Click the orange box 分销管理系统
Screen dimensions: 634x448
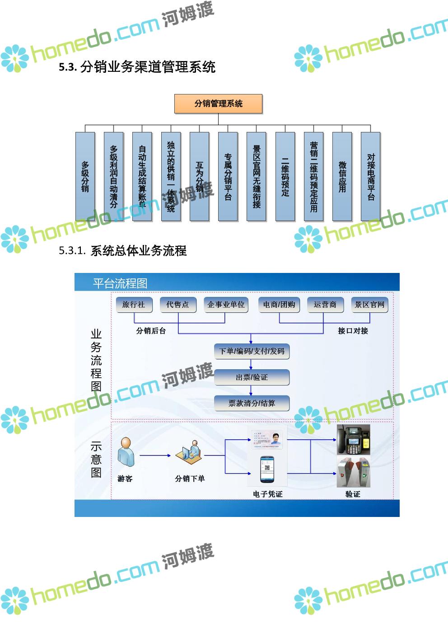click(218, 103)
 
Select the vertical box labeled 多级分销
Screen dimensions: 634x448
click(85, 176)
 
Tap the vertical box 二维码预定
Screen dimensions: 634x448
click(285, 176)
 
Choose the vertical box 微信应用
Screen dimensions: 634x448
click(342, 176)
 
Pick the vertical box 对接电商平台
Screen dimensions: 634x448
click(371, 176)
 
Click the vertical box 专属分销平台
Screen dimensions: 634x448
click(228, 176)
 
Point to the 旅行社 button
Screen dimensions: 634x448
click(134, 305)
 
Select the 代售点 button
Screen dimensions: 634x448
click(178, 305)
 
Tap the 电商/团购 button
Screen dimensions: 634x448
click(279, 305)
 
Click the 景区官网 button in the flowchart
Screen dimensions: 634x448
click(369, 305)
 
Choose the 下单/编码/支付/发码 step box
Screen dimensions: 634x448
click(252, 351)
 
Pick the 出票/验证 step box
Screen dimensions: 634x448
click(252, 377)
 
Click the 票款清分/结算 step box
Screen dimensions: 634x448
click(252, 403)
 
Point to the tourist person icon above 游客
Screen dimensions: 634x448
click(126, 452)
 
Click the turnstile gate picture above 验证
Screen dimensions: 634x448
click(353, 472)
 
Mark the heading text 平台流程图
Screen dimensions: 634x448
click(120, 283)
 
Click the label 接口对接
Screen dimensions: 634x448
click(353, 331)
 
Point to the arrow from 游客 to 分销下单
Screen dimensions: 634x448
click(155, 455)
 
